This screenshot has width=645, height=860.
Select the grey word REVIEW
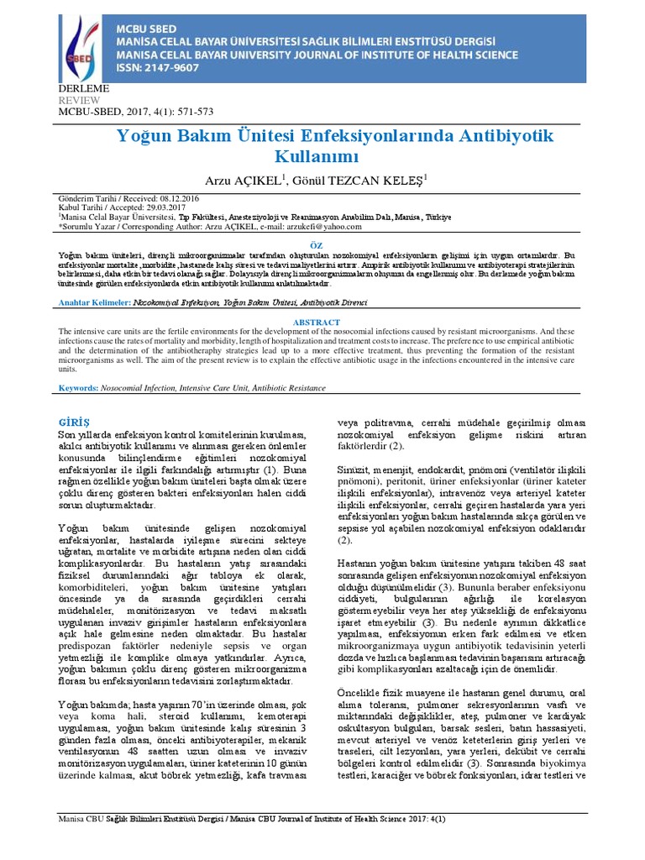[77, 99]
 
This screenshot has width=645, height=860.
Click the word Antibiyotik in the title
[486, 135]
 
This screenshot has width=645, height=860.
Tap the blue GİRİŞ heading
[73, 418]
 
